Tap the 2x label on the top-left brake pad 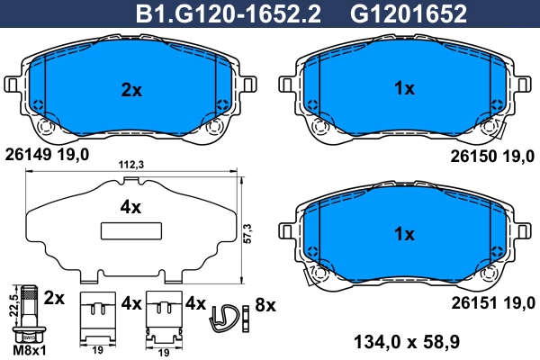(131, 89)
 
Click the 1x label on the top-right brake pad (404, 89)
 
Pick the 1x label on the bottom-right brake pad (404, 234)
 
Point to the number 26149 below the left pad (28, 154)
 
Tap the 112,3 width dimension (132, 165)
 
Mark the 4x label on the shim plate (131, 207)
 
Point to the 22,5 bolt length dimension (11, 307)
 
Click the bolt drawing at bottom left (31, 311)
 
